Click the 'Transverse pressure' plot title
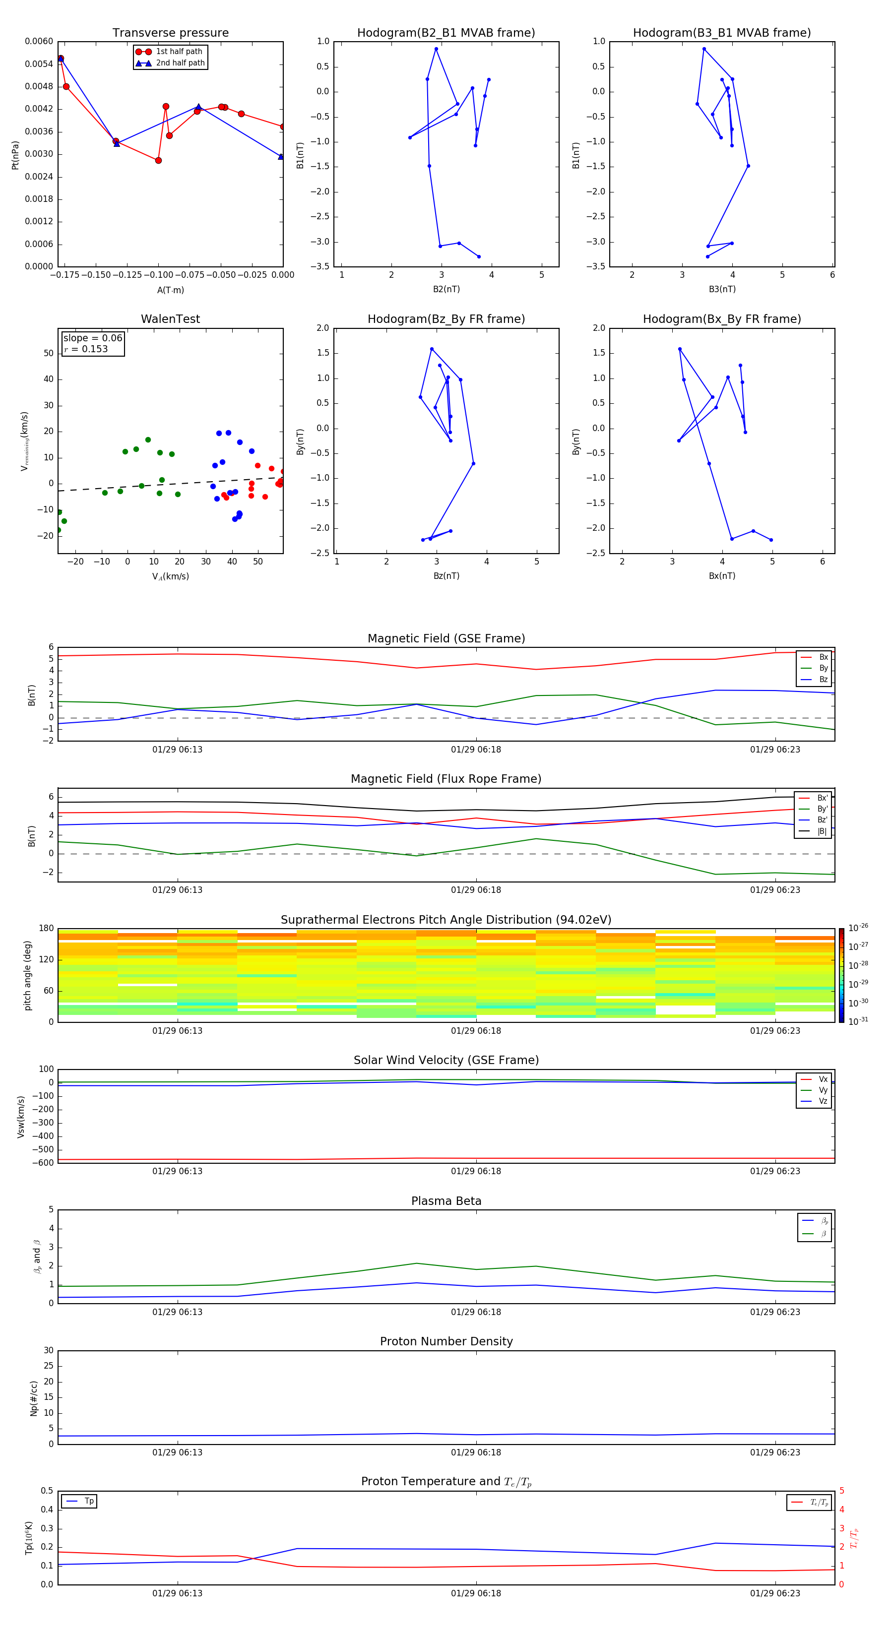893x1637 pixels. [170, 33]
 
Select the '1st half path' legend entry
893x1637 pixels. [179, 52]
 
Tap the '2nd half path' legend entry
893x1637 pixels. [180, 63]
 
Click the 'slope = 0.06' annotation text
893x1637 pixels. [92, 338]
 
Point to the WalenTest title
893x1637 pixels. [170, 319]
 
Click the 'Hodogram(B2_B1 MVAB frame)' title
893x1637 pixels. [446, 33]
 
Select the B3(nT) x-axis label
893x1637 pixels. [722, 289]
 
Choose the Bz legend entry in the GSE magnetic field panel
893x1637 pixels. [823, 679]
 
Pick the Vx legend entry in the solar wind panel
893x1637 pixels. [823, 1079]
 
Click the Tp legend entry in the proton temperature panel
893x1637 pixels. [89, 1501]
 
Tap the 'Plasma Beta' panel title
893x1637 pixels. [446, 1201]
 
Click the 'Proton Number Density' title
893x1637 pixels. [446, 1341]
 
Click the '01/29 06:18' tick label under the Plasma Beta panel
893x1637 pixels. [476, 1312]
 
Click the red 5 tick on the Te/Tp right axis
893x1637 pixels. [841, 1491]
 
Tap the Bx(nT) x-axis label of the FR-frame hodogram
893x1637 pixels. [722, 576]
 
